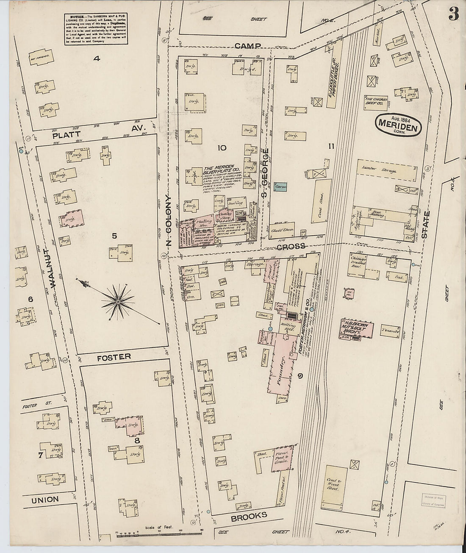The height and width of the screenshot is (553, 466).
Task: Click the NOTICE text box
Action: tap(97, 29)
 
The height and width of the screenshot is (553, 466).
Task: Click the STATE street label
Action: tap(425, 227)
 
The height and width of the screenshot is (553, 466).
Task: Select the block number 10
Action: tap(221, 147)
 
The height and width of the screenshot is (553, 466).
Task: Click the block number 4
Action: tap(97, 59)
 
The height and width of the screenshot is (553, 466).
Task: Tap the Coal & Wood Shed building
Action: tap(336, 484)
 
